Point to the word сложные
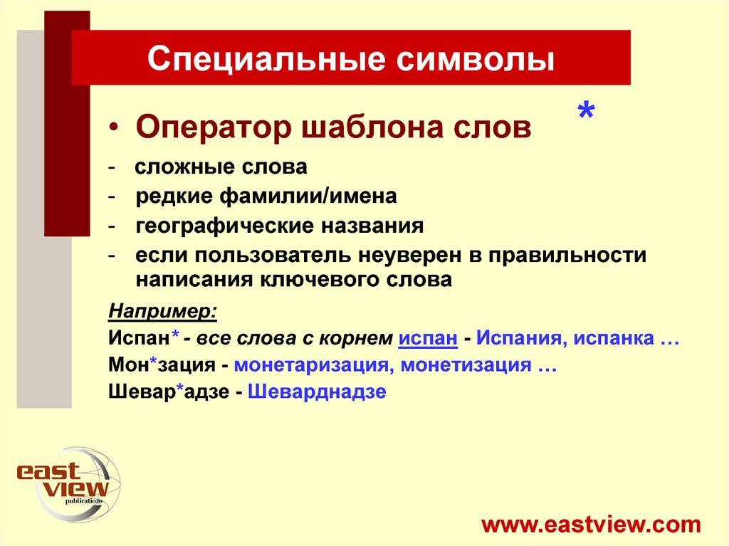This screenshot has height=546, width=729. (x=177, y=167)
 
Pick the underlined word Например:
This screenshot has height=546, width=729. (x=163, y=312)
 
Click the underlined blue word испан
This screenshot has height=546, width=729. (x=427, y=338)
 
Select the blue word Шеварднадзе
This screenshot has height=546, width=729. (x=317, y=392)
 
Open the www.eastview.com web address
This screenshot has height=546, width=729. (x=591, y=525)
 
